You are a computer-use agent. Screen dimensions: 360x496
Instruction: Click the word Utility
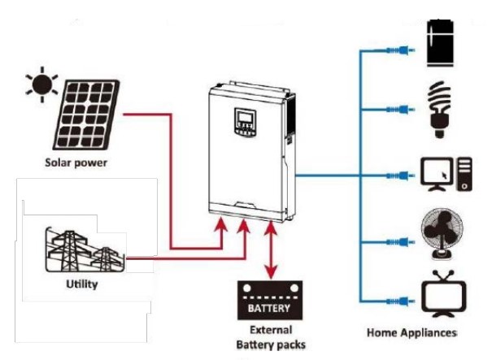pos(82,285)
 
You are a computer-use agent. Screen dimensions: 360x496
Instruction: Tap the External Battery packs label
pos(270,337)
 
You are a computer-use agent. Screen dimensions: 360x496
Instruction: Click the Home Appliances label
pos(411,333)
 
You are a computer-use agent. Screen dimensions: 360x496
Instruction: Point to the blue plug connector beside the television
pos(402,301)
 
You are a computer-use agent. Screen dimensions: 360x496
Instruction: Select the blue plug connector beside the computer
pos(402,175)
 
